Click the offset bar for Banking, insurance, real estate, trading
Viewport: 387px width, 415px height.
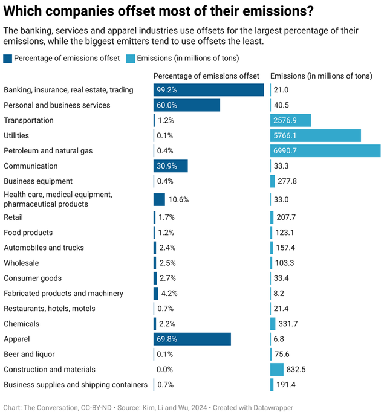209,90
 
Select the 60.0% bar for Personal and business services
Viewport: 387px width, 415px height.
187,105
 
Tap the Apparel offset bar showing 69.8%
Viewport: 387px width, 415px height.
192,339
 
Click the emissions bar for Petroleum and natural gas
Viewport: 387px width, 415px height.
325,150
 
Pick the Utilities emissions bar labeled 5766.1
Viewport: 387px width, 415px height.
316,135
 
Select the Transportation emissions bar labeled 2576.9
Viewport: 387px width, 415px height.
290,120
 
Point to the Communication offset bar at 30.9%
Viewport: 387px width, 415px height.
171,166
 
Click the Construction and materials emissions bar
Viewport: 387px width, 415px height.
277,369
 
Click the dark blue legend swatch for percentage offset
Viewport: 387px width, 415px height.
7,59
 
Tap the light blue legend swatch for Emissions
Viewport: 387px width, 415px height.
131,59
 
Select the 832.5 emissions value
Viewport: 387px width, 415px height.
296,369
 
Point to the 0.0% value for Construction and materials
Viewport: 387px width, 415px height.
166,369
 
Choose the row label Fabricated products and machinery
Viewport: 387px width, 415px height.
63,294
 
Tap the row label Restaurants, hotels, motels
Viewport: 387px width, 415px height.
50,309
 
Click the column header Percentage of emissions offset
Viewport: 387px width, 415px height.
206,76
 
